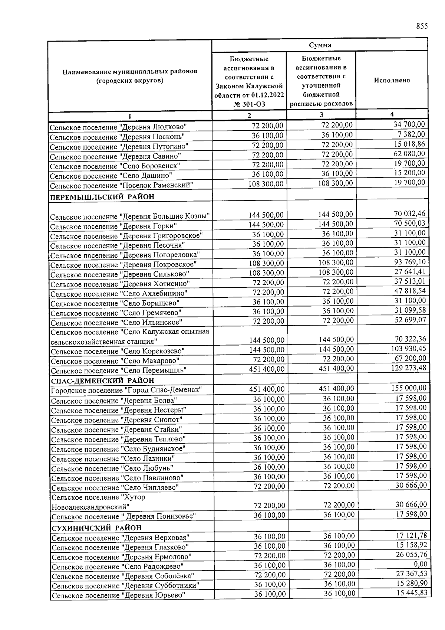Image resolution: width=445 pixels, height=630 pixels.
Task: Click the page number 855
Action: click(x=422, y=26)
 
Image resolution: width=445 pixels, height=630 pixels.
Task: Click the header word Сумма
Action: click(x=320, y=45)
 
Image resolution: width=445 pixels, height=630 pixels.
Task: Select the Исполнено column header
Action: click(x=392, y=80)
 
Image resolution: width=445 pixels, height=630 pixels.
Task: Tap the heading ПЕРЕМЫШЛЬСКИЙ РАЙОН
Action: click(x=102, y=197)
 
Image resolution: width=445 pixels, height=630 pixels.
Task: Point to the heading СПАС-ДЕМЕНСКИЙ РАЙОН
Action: click(x=102, y=381)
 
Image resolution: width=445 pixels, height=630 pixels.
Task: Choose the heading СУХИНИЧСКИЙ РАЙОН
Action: click(x=96, y=528)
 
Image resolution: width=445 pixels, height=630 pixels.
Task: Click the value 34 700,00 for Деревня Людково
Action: click(x=409, y=124)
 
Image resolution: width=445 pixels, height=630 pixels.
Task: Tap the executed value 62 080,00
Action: click(x=409, y=153)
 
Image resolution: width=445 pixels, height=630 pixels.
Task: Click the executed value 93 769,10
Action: click(x=410, y=262)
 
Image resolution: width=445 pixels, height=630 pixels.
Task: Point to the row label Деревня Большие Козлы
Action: click(x=130, y=216)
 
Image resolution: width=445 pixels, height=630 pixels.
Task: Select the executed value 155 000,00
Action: click(x=409, y=388)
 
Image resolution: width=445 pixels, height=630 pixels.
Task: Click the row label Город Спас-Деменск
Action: click(x=126, y=390)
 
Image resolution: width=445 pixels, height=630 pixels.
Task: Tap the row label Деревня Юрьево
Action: click(x=118, y=595)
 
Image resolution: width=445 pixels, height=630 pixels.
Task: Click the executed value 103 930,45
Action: click(x=408, y=349)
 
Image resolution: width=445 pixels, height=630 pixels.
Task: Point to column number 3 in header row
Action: click(x=321, y=115)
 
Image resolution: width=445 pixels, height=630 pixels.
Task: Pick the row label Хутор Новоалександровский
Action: click(x=98, y=502)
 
